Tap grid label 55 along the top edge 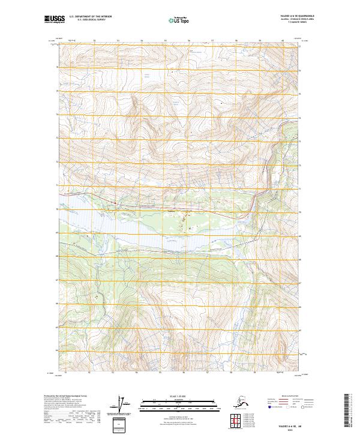tap(166, 41)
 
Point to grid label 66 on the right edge tap(302, 304)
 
